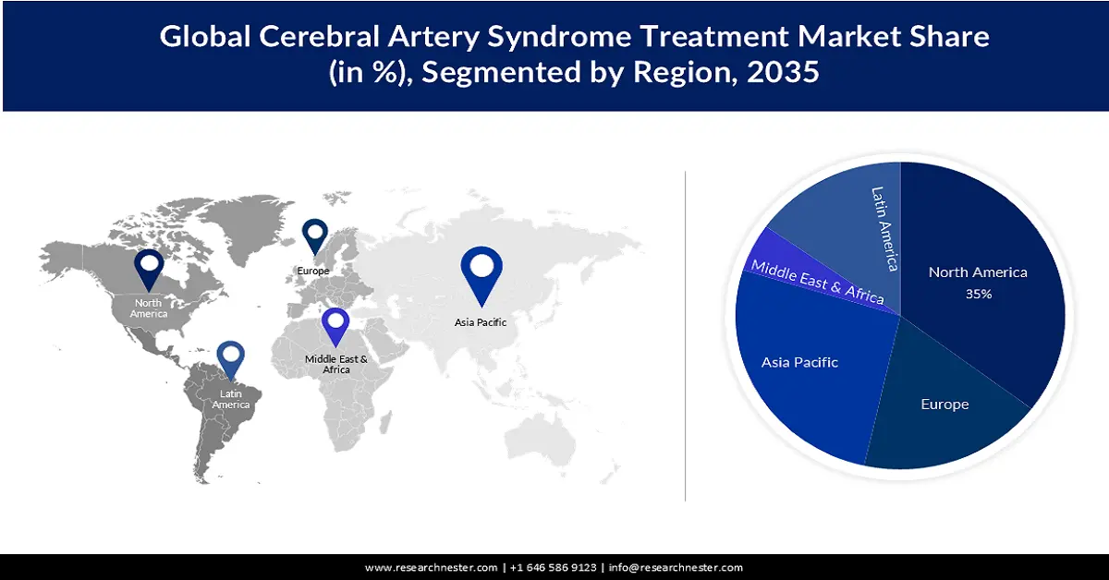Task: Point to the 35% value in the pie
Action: point(979,294)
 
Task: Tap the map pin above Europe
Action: point(315,235)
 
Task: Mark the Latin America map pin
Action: point(230,361)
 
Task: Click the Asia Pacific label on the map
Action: point(481,322)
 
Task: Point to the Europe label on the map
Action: point(313,271)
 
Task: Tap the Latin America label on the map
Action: point(230,400)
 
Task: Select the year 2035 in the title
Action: point(780,72)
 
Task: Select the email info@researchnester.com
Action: point(676,567)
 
